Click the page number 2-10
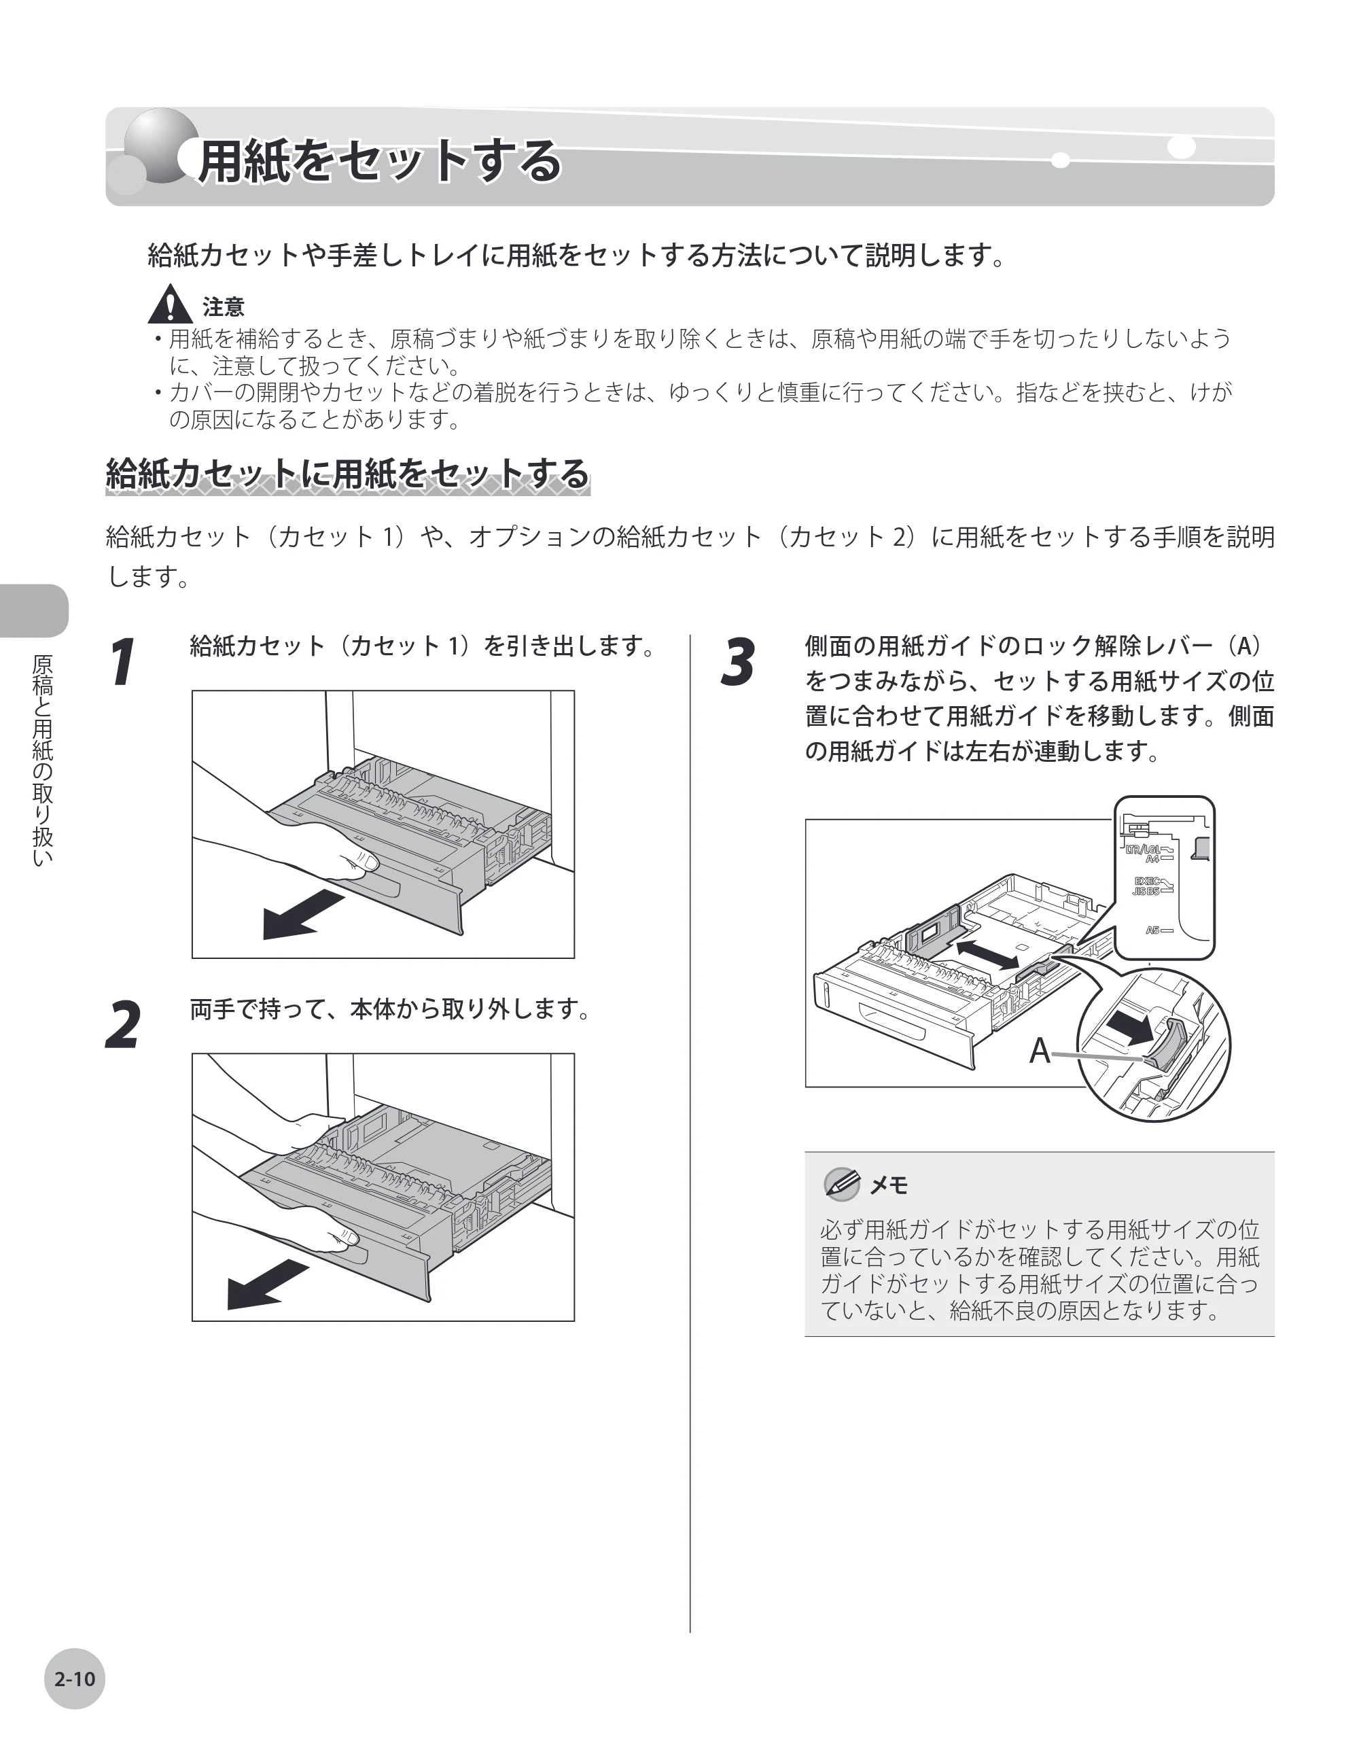(75, 1679)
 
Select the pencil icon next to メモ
(842, 1184)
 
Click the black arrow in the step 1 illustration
(302, 914)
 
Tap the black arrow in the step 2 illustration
(267, 1284)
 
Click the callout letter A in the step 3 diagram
(1039, 1051)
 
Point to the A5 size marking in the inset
(1152, 930)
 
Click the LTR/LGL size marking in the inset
(1142, 849)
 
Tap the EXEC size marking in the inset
(1147, 881)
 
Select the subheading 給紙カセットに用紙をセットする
(347, 473)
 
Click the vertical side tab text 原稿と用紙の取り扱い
(41, 761)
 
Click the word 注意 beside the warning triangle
(224, 307)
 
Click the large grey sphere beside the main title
(162, 145)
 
